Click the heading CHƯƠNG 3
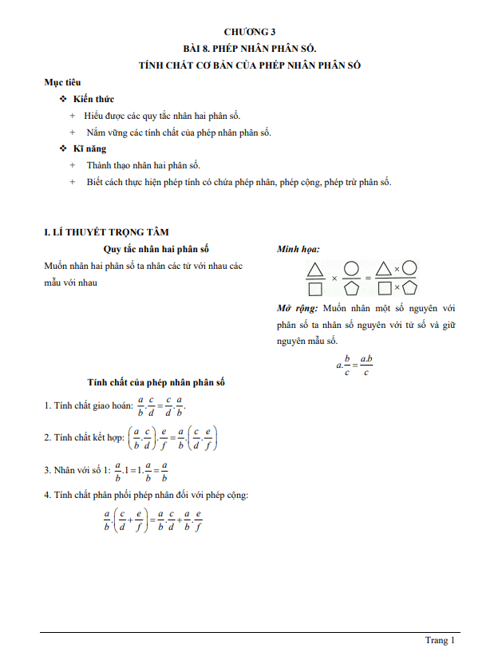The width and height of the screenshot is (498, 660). pos(250,32)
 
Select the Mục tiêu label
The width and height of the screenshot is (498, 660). pos(62,82)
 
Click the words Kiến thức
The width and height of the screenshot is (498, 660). pos(93,99)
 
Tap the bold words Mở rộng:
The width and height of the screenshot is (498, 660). pos(297,307)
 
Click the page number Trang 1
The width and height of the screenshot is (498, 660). pos(440,640)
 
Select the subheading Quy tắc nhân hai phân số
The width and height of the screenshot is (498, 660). pos(156,250)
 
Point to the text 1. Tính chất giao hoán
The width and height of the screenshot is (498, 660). pos(88,405)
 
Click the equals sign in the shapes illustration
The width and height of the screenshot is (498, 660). pos(368,278)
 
